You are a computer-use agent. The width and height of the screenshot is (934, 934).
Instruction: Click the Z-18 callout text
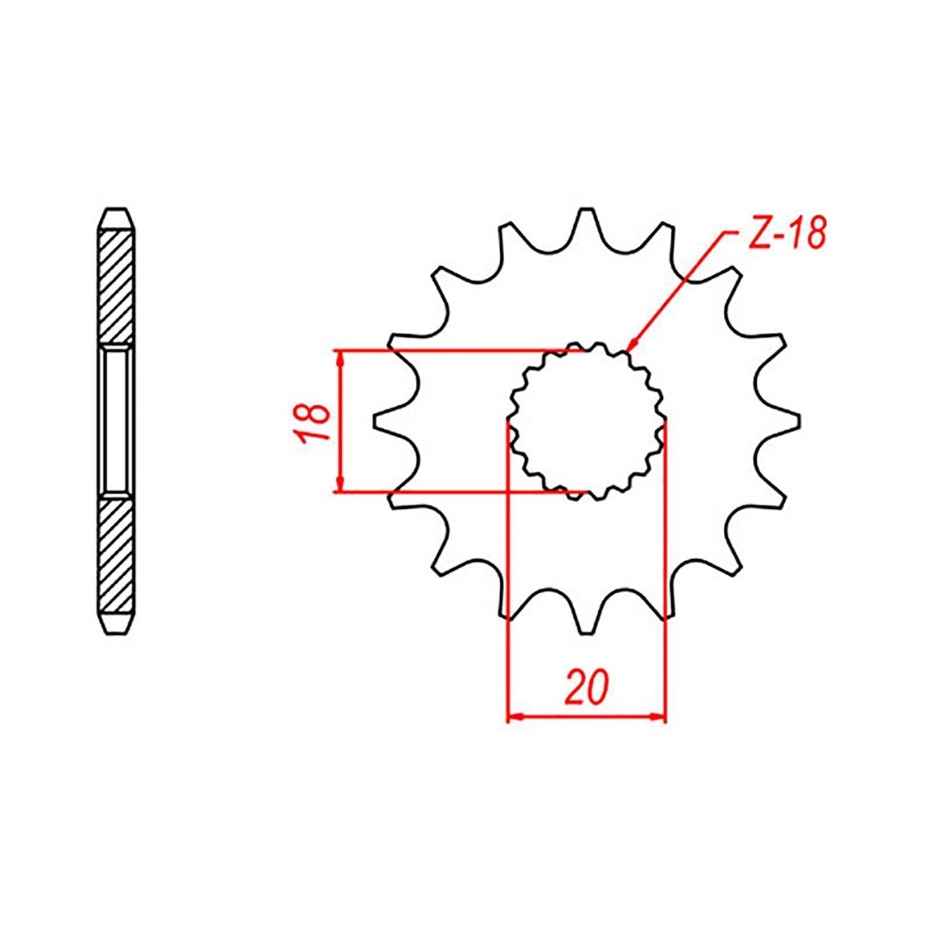pyautogui.click(x=786, y=233)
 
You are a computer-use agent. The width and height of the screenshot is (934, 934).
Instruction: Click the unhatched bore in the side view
pyautogui.click(x=117, y=421)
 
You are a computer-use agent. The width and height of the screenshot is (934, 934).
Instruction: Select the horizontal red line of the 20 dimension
pyautogui.click(x=586, y=716)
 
